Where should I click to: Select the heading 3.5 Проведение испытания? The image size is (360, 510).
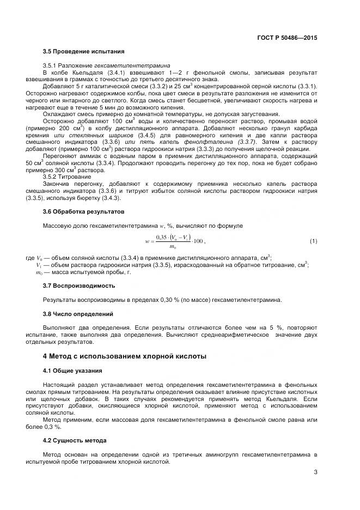pos(83,51)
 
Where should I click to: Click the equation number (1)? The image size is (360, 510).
pos(313,240)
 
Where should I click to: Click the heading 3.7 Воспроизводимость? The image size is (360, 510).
pos(78,285)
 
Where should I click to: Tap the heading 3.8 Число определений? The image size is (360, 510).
pos(78,314)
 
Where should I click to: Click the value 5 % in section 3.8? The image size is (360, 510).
pos(279,328)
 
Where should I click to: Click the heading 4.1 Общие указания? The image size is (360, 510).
pos(72,371)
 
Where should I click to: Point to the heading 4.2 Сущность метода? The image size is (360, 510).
pos(75,440)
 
